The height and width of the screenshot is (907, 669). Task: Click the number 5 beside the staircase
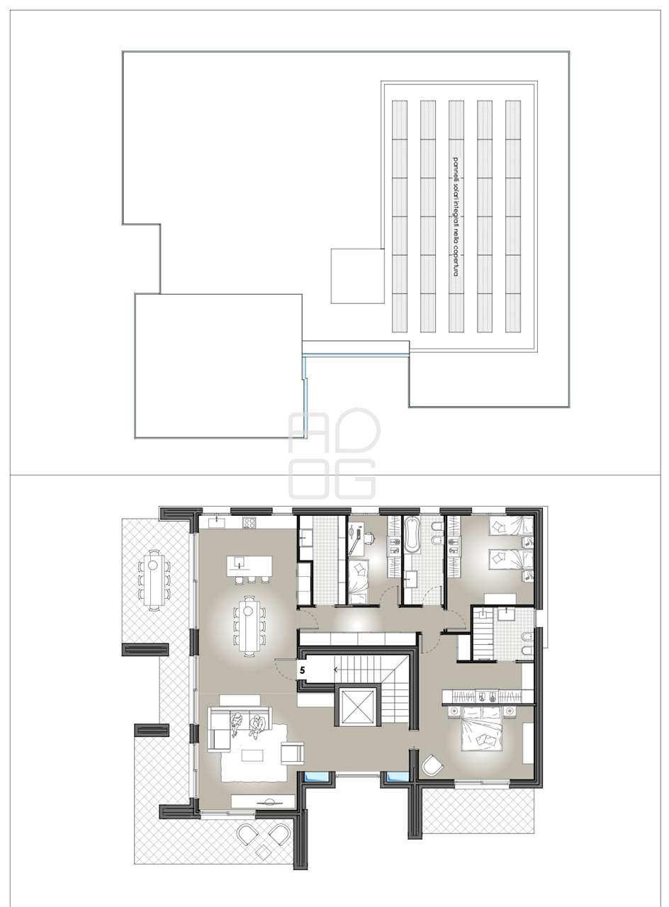coord(303,670)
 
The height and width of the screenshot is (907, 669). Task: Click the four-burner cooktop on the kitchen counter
coord(249,522)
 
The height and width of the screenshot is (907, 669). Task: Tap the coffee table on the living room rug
coord(252,755)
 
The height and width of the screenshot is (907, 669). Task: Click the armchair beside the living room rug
coord(292,754)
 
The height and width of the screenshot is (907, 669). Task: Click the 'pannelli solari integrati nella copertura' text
coord(456,217)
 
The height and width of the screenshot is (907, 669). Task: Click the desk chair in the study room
coord(369,538)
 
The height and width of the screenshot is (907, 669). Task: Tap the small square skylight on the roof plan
coord(358,276)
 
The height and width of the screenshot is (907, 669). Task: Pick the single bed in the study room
coord(358,582)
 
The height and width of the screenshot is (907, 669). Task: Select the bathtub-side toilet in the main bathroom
coord(437,526)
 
